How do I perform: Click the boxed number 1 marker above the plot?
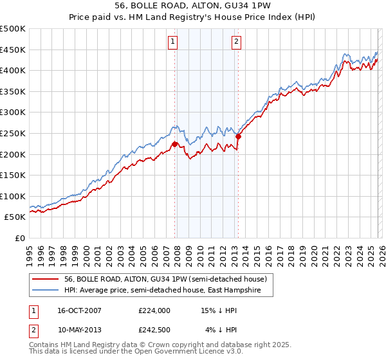174,42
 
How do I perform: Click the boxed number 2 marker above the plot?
237,42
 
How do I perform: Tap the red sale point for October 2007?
174,144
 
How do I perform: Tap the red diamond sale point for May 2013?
238,136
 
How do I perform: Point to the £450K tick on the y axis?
13,50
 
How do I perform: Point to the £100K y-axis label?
13,196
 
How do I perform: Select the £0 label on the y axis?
19,238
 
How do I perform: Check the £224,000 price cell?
154,310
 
